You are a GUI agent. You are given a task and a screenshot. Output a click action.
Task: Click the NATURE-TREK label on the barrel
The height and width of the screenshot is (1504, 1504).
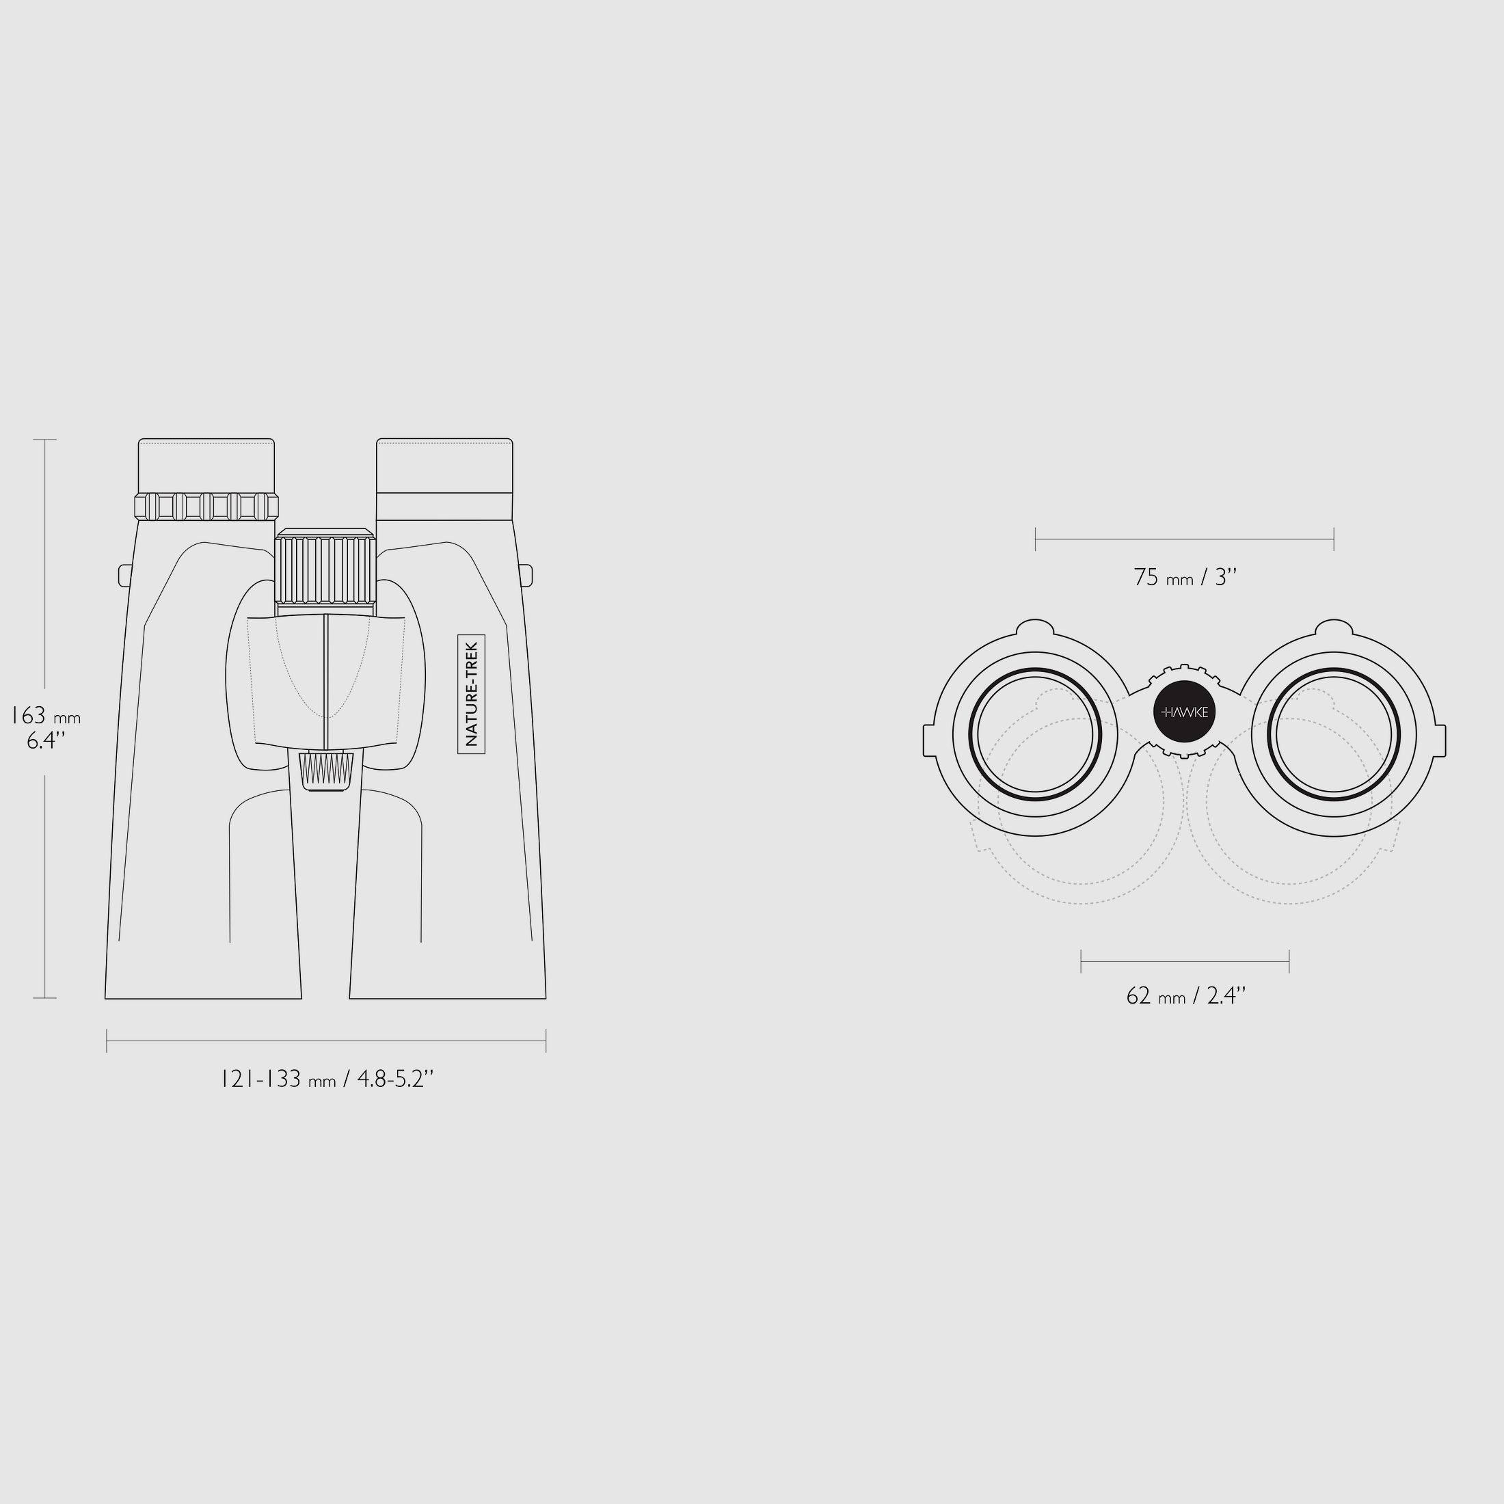[471, 695]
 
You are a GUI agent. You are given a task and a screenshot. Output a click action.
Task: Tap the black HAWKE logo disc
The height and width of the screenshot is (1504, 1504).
[1184, 712]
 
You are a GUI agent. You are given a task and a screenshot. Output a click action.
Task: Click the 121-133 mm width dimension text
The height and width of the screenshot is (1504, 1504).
[326, 1079]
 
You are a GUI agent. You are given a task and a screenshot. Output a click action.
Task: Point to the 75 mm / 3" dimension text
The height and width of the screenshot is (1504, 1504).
[1185, 578]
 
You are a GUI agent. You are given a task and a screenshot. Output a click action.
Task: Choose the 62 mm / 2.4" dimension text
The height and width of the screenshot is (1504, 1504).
[1185, 995]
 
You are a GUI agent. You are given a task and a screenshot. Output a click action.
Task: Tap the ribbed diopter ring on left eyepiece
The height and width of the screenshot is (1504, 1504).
[206, 506]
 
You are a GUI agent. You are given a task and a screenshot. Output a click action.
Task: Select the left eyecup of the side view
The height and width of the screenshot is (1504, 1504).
[206, 466]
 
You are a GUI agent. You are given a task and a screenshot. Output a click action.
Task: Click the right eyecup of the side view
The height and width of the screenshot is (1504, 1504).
[444, 466]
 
